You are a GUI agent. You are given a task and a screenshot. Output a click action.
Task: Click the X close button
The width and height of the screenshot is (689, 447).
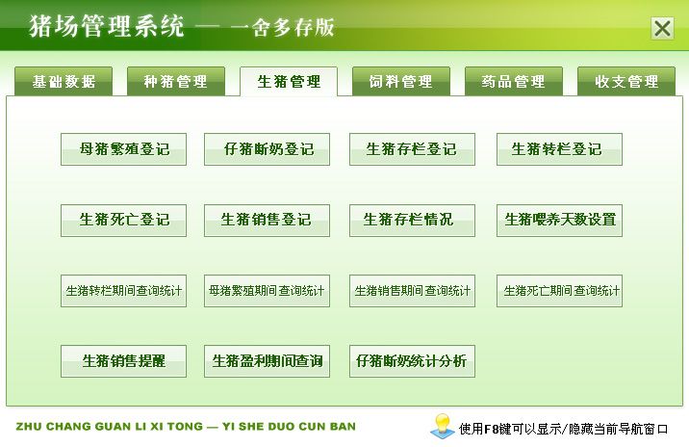click(662, 28)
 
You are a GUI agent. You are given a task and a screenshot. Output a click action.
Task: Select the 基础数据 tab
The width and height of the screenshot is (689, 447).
click(64, 81)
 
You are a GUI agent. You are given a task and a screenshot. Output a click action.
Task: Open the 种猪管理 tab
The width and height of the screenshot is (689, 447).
click(176, 81)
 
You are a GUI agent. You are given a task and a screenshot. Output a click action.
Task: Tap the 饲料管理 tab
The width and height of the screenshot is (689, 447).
click(400, 81)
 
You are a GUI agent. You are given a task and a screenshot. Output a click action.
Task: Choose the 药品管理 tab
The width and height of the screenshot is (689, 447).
click(513, 81)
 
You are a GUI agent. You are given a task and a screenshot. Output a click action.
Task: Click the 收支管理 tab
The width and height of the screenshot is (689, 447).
click(626, 81)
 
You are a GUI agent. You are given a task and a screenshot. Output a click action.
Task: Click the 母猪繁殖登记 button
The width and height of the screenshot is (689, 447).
click(123, 149)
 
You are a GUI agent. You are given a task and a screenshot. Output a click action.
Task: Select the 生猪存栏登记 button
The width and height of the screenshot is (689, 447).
click(412, 149)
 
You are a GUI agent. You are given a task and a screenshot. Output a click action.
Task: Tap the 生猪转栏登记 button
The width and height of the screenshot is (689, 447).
click(559, 149)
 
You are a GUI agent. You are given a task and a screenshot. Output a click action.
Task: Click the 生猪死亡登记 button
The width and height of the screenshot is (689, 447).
click(123, 221)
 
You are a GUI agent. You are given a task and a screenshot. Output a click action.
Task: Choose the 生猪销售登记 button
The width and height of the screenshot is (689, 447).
click(267, 221)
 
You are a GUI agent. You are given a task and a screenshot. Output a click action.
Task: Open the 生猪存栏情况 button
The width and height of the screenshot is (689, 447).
click(412, 221)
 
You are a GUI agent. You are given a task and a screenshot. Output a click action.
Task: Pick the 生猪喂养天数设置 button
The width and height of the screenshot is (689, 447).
click(559, 221)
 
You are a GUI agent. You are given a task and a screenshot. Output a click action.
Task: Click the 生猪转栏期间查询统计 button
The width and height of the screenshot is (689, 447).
click(123, 291)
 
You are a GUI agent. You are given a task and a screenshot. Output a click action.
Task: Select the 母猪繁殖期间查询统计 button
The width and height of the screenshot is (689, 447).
click(267, 291)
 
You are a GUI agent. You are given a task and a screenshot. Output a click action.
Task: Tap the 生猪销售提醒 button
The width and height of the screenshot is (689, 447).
click(123, 361)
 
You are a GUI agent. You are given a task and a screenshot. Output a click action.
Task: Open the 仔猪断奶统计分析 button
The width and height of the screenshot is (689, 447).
click(412, 361)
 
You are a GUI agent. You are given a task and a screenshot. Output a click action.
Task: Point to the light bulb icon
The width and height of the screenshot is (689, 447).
click(442, 426)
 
